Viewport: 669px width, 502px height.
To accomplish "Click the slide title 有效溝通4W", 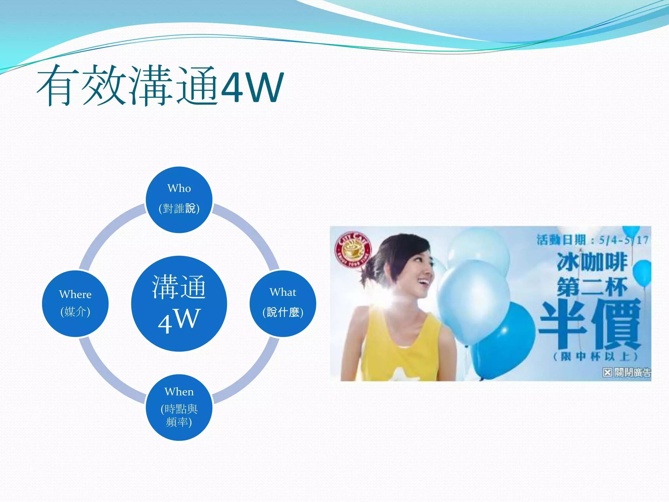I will [160, 86].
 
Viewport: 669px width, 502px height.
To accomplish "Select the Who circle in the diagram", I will [179, 200].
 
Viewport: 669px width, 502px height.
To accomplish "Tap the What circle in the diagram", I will [283, 303].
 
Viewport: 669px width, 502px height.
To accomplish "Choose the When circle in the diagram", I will [179, 407].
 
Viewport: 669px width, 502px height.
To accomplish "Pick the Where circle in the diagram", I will [75, 303].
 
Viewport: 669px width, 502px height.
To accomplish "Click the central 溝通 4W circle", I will [179, 303].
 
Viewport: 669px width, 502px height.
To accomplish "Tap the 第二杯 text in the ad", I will [592, 287].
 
